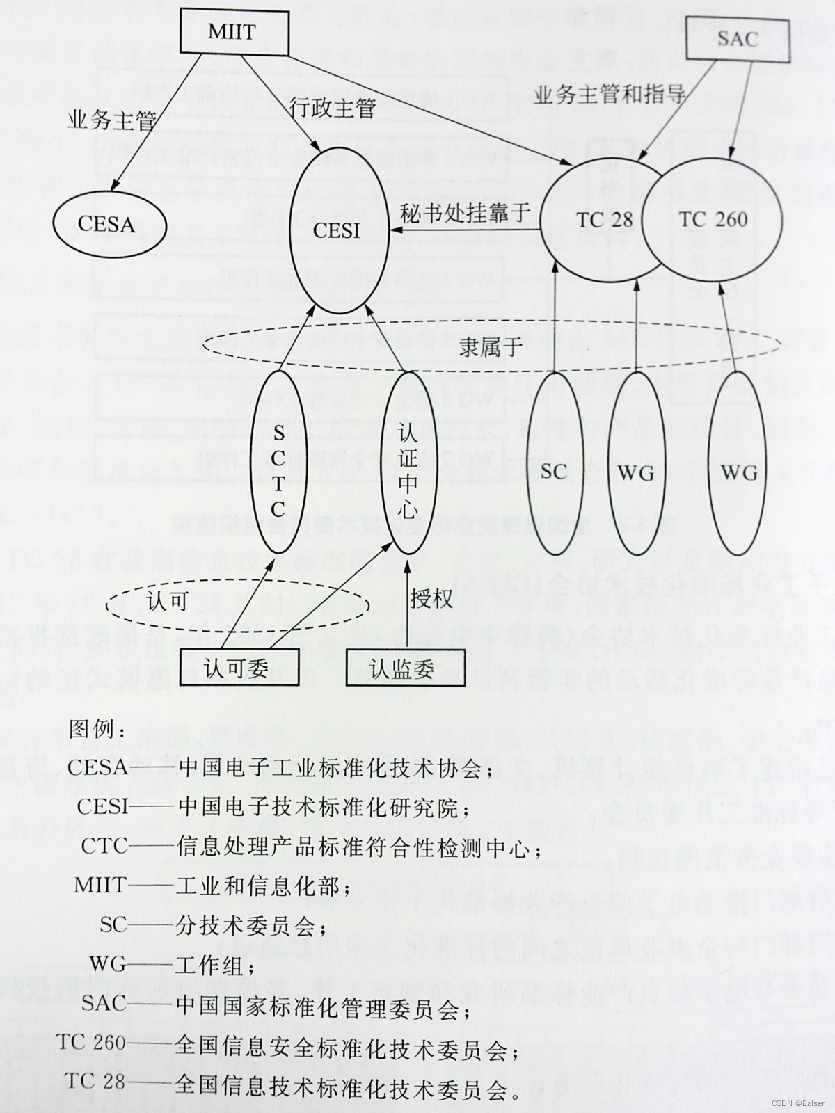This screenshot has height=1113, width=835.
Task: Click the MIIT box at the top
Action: [x=232, y=33]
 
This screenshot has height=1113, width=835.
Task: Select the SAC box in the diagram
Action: [x=738, y=38]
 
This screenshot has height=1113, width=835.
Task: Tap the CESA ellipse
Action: [x=107, y=224]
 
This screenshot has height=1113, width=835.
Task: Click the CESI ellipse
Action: [x=337, y=229]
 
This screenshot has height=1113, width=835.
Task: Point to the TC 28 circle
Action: [x=604, y=220]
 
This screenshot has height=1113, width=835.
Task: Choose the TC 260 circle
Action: [x=714, y=220]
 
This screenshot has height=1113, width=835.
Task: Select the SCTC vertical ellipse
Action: [x=278, y=472]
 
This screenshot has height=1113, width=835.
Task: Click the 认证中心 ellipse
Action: [x=408, y=472]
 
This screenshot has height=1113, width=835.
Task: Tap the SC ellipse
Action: [x=554, y=472]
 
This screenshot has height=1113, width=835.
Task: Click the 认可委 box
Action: [x=237, y=668]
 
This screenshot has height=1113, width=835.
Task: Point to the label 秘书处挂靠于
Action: [x=466, y=212]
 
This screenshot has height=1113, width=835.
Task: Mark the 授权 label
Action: [x=431, y=598]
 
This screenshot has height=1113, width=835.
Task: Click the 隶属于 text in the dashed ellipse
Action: [x=491, y=346]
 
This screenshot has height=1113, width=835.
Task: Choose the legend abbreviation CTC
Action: [x=104, y=846]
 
